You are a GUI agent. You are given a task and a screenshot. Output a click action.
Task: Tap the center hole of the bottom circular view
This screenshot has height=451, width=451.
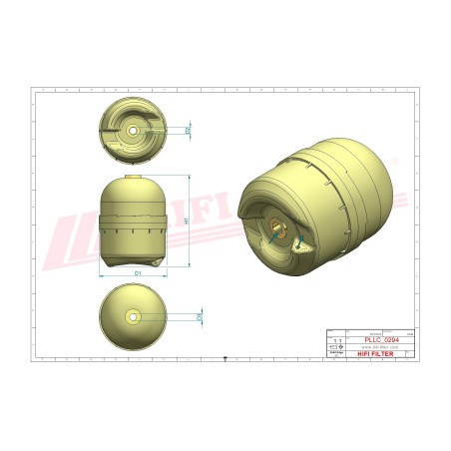[134, 316]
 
